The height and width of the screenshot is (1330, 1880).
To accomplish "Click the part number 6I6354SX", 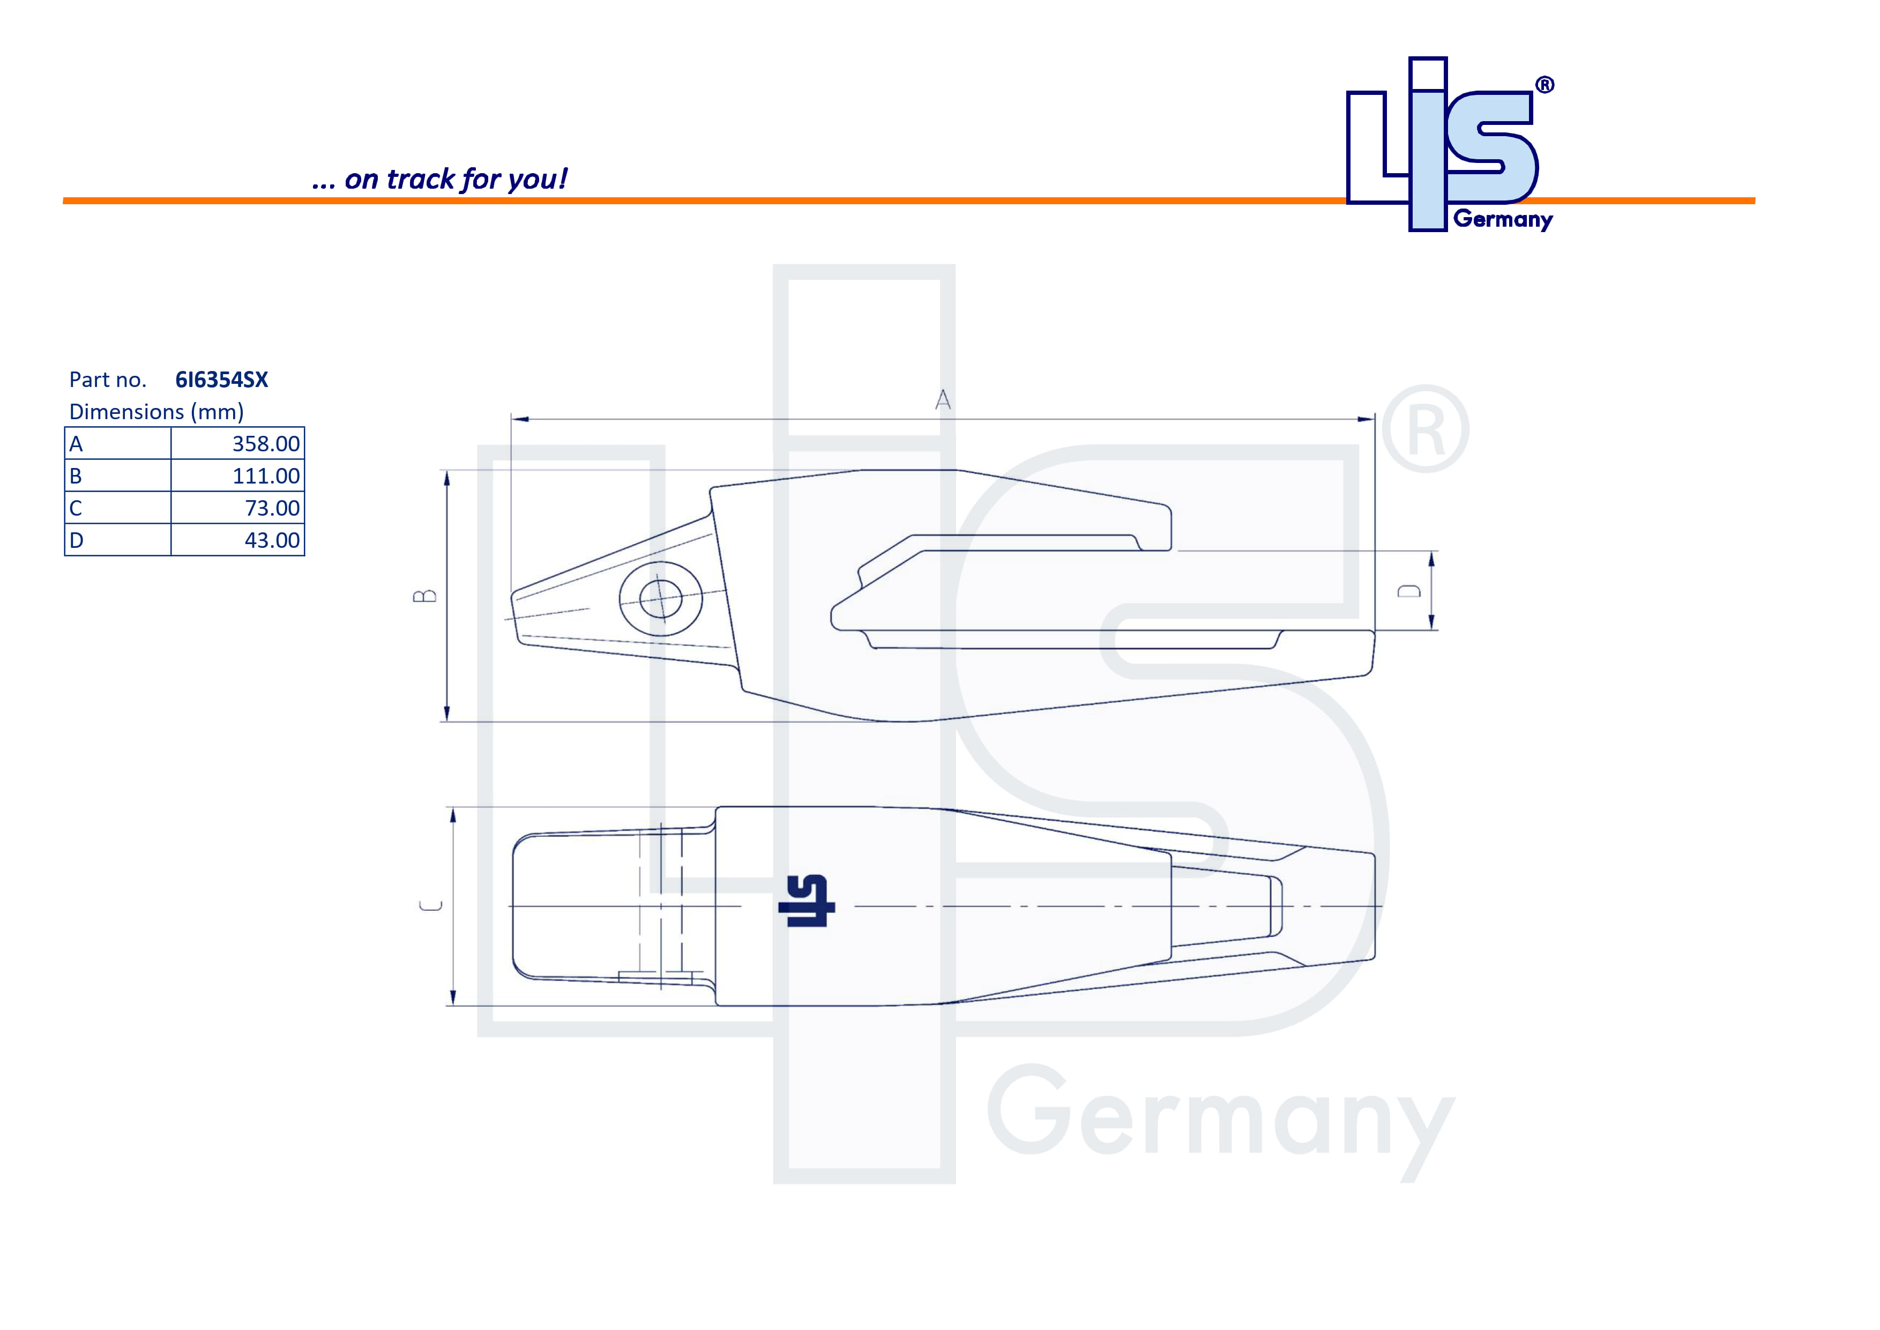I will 221,380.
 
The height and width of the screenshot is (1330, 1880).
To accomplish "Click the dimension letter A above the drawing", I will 943,400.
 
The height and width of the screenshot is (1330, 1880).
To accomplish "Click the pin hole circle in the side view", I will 660,599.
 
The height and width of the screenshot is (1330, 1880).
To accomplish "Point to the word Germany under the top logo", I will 1503,219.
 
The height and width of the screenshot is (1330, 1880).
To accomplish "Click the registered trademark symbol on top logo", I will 1545,85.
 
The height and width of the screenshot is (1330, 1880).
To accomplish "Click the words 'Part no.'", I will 107,380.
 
